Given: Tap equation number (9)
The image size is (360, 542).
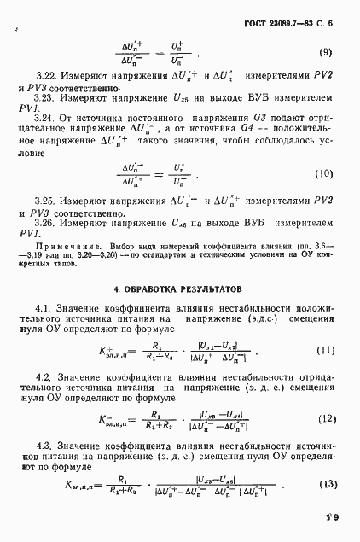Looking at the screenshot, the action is pos(325,53).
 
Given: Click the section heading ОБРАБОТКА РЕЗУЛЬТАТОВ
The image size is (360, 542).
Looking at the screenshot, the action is pos(179,290).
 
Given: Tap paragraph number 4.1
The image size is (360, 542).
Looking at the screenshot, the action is pos(45,307).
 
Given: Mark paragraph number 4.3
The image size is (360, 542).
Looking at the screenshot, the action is pos(45,446).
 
